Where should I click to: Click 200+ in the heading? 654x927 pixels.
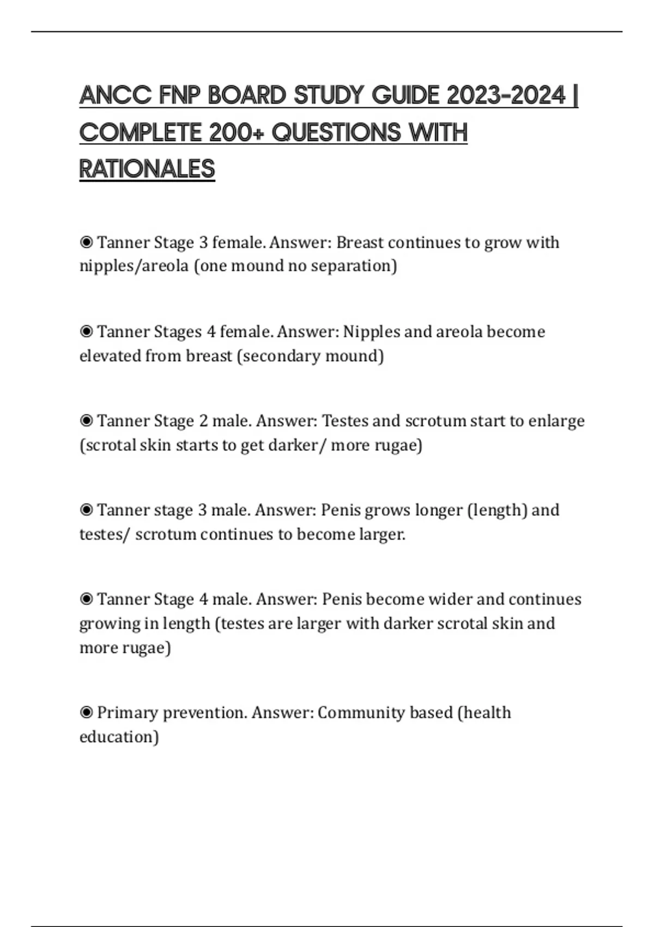point(237,133)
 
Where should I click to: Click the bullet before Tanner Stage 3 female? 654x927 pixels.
point(86,242)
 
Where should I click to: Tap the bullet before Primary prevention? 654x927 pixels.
point(86,712)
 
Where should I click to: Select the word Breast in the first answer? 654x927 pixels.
point(360,242)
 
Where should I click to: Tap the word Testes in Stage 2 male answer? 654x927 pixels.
point(345,421)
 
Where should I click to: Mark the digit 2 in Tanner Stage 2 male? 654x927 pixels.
point(204,421)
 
